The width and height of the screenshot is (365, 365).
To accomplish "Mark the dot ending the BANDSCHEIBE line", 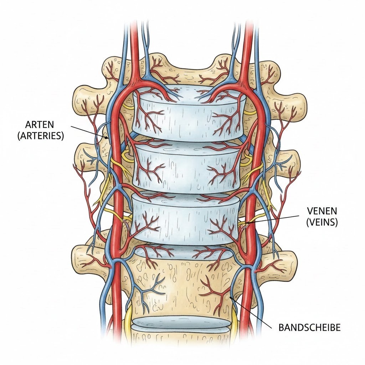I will click(231, 297).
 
